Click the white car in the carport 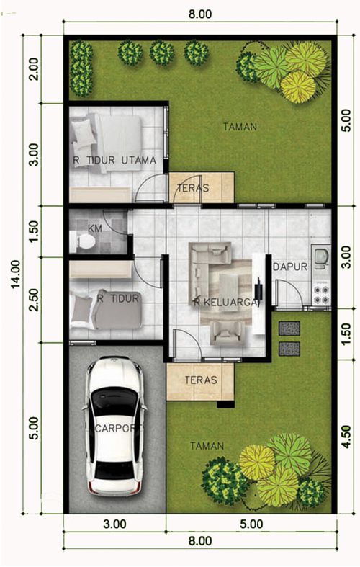[115, 426]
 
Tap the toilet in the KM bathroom [84, 241]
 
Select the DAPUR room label [290, 267]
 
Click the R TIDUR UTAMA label [114, 160]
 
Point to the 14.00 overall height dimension [17, 274]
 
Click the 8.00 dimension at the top [200, 14]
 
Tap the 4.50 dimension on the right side [346, 437]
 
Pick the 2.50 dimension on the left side [34, 300]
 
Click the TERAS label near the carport [201, 380]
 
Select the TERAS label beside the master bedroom [193, 188]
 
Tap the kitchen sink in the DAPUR [321, 256]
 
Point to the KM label [95, 228]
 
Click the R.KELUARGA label [227, 303]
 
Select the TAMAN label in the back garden [240, 127]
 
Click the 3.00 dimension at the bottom [114, 524]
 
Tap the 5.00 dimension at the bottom [251, 524]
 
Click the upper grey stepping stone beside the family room [289, 329]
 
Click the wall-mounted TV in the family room [259, 289]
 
